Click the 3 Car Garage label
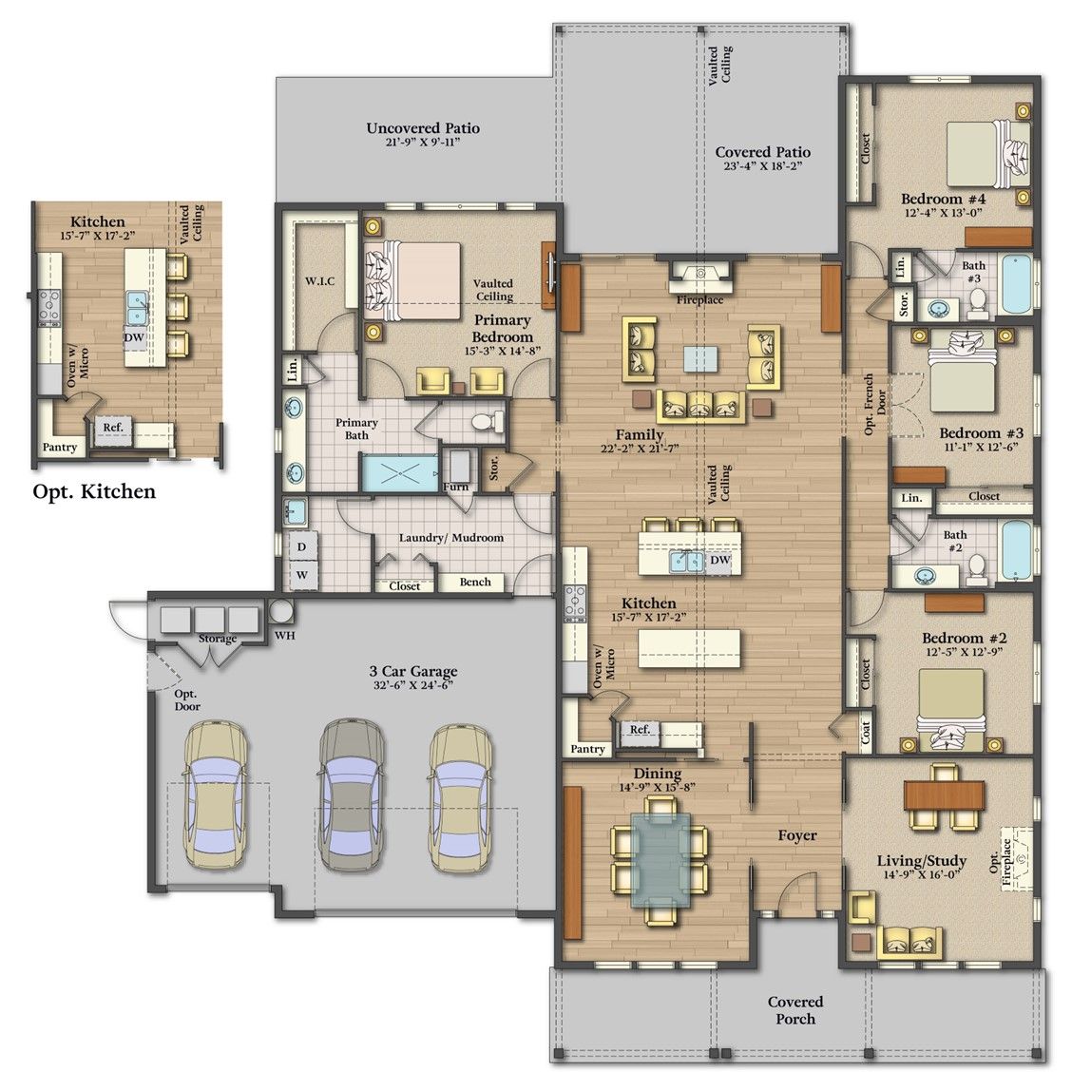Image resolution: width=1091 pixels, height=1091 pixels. [x=413, y=672]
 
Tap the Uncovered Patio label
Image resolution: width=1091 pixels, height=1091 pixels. [x=423, y=128]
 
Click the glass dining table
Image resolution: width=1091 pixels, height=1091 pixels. [x=660, y=859]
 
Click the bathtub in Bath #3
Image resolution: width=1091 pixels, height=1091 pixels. [x=1017, y=284]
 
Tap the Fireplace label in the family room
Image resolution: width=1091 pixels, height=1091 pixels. [x=700, y=300]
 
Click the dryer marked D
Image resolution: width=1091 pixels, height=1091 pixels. [x=302, y=546]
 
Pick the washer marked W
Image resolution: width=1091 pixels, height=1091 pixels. [x=302, y=575]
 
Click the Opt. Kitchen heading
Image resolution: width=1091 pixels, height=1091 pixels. [x=94, y=492]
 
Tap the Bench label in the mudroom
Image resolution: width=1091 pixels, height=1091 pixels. [x=475, y=582]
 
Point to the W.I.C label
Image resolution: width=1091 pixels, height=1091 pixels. [x=320, y=281]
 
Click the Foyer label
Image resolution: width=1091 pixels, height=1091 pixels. [x=797, y=835]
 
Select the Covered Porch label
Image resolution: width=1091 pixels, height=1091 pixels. [x=795, y=1010]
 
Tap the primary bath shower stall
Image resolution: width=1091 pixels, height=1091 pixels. [x=400, y=473]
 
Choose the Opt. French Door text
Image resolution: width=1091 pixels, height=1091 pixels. [x=875, y=404]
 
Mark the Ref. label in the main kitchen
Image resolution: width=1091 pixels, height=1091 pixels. [x=641, y=729]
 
